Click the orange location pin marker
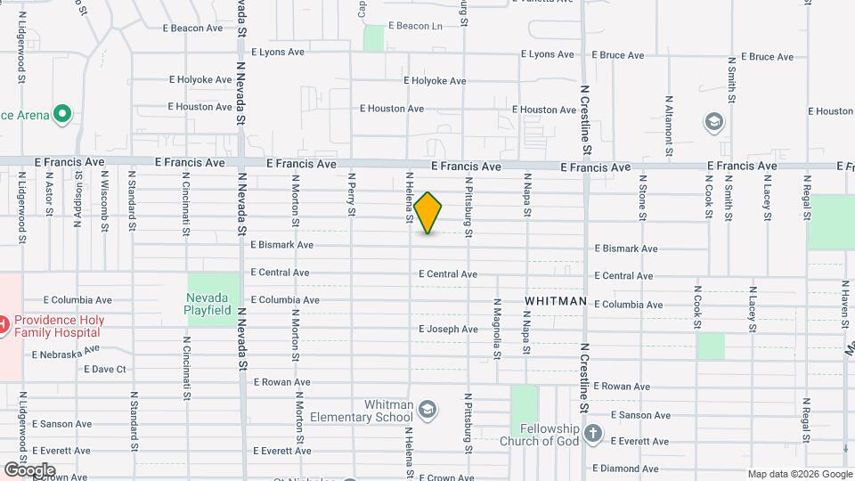pyautogui.click(x=428, y=213)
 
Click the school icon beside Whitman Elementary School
pyautogui.click(x=427, y=408)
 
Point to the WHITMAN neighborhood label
pyautogui.click(x=556, y=301)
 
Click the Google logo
pyautogui.click(x=29, y=469)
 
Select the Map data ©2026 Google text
pyautogui.click(x=799, y=474)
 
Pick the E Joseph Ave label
pyautogui.click(x=448, y=330)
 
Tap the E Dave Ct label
pyautogui.click(x=97, y=369)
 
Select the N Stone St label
pyautogui.click(x=642, y=196)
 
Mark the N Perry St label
pyautogui.click(x=353, y=194)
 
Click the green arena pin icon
pyautogui.click(x=61, y=114)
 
